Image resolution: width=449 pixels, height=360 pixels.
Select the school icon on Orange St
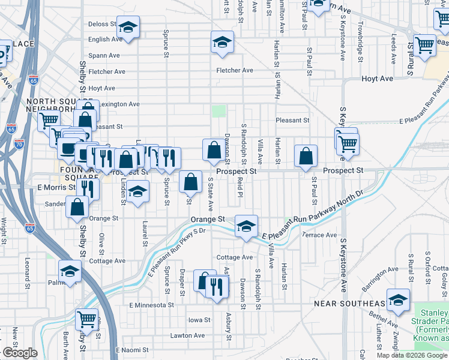point(246,226)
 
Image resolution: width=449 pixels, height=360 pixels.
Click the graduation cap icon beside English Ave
point(222,43)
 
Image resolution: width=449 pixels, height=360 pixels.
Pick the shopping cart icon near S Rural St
point(424,45)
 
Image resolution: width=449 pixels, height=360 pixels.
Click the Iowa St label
point(200,320)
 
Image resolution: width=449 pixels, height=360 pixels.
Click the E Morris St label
point(56,187)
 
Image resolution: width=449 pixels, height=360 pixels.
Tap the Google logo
point(20,353)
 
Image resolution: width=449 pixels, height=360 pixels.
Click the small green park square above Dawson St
point(219,112)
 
